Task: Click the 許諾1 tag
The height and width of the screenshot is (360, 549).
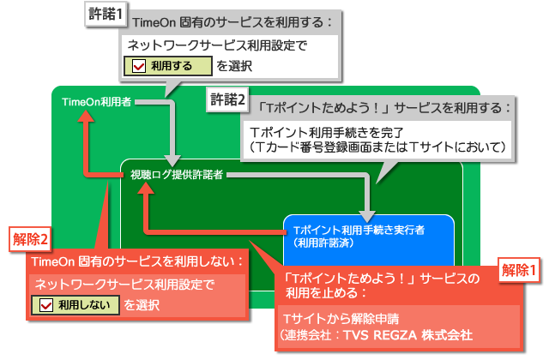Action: point(106,14)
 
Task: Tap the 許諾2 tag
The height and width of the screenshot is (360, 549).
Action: point(227,99)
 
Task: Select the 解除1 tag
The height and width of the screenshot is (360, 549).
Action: point(519,270)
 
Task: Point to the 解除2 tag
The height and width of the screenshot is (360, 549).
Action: point(30,239)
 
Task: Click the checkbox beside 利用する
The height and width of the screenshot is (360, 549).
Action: point(139,66)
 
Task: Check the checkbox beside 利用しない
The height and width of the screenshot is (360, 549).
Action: point(46,305)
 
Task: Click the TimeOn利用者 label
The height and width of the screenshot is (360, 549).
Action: point(97,102)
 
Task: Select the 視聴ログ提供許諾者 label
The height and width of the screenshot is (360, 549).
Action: point(177,175)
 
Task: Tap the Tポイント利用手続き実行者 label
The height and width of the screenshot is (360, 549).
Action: point(359,231)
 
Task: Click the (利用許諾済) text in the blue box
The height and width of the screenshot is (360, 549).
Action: point(323,243)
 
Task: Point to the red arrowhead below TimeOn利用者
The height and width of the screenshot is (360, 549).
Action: point(86,117)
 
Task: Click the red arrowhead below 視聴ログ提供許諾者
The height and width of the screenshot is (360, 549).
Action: point(146,189)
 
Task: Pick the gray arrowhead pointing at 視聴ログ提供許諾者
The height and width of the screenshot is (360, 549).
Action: point(172,160)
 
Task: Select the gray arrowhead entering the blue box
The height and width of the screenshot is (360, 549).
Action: point(366,217)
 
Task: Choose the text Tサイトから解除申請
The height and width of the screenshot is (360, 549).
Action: point(341,319)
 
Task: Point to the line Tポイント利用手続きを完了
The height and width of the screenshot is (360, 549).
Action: point(327,133)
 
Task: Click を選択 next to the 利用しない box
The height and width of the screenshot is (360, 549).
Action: point(142,305)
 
